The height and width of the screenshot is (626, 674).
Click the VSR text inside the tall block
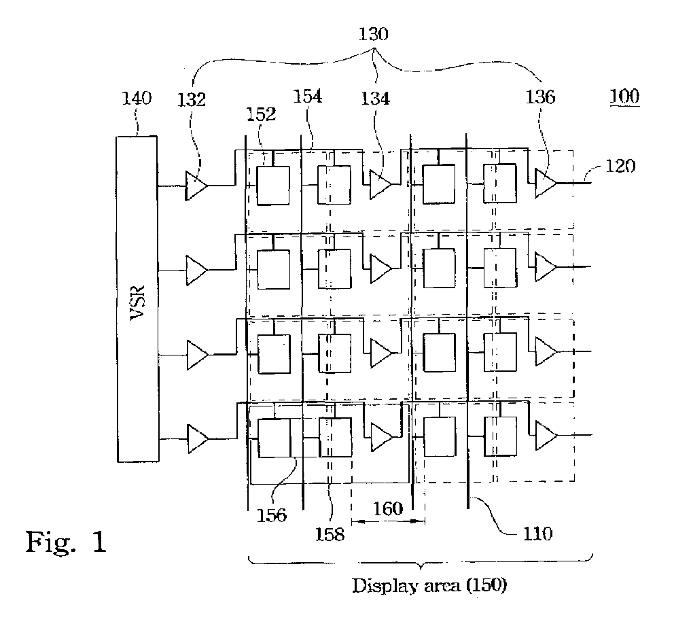click(138, 302)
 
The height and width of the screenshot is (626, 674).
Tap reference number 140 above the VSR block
click(137, 99)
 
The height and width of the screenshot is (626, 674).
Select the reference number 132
click(192, 100)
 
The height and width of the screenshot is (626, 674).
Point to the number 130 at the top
click(374, 34)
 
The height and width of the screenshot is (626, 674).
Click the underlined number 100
click(624, 96)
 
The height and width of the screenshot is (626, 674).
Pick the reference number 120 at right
click(620, 166)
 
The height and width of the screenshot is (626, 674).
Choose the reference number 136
click(541, 97)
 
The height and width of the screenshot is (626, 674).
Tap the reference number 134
click(375, 99)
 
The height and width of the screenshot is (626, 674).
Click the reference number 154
click(307, 97)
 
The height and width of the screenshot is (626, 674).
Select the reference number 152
click(261, 114)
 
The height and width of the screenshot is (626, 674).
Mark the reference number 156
click(271, 515)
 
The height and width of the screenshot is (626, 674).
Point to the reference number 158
click(330, 534)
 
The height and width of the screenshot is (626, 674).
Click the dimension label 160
click(388, 509)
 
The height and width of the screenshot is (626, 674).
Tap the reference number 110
click(537, 534)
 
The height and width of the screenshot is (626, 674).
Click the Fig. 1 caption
click(66, 542)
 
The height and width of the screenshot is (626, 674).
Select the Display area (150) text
click(429, 586)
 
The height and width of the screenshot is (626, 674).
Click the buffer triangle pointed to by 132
click(196, 186)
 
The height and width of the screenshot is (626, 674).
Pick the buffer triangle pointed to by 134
click(380, 185)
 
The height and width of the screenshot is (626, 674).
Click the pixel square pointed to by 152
click(273, 186)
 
